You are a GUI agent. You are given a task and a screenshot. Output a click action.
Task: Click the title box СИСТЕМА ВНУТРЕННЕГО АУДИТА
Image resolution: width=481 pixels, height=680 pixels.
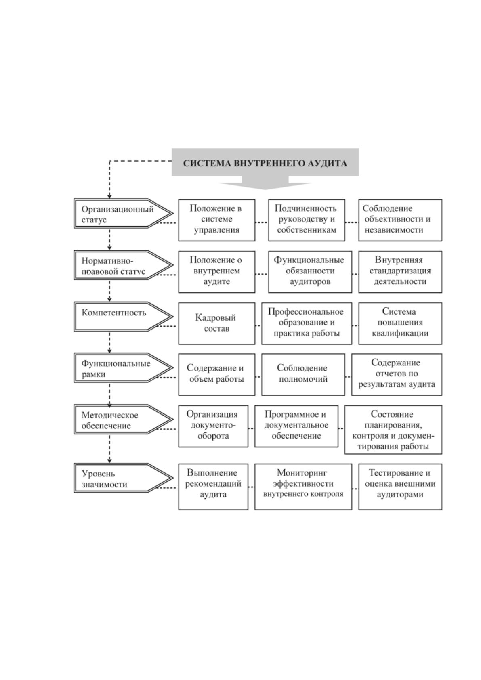(265, 162)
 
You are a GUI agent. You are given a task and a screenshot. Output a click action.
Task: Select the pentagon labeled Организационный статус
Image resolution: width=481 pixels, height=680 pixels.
(123, 214)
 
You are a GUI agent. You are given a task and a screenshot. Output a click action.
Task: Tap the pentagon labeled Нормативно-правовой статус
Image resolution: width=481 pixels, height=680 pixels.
(123, 265)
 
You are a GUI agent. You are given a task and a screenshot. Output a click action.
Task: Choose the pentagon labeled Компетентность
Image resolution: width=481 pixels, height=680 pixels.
(123, 316)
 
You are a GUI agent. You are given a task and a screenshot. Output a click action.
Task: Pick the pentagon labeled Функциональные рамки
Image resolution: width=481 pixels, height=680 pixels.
(123, 367)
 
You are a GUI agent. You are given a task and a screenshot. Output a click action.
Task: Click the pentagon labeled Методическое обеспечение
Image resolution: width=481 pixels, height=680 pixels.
(123, 419)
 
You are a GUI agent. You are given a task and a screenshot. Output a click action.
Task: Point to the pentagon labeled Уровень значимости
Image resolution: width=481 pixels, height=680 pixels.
(123, 478)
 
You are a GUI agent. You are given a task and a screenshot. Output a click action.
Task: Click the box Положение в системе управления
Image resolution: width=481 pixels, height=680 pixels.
(216, 220)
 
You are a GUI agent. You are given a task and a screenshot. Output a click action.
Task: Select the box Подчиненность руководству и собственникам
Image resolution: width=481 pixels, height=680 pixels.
(307, 220)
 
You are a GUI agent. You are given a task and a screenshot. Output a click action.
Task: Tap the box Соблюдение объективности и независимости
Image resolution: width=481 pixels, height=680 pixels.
(400, 220)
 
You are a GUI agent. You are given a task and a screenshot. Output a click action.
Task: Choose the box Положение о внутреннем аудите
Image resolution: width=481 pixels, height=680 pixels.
(216, 272)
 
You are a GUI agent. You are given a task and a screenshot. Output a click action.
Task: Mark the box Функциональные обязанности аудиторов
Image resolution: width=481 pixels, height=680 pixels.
(310, 272)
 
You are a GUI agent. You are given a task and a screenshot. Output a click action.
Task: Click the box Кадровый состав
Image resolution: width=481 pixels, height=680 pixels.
(216, 323)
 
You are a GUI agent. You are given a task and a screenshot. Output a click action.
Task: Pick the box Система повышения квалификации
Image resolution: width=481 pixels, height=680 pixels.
(400, 323)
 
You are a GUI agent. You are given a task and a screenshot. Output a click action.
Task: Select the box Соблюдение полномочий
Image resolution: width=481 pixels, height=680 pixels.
(303, 374)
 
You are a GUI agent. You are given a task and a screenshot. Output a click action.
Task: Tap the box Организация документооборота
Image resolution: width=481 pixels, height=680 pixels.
(213, 426)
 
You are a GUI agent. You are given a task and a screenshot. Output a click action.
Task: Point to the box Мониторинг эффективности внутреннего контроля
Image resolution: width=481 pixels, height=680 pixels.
(303, 486)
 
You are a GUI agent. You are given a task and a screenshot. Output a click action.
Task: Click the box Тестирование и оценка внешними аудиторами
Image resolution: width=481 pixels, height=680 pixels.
(400, 486)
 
